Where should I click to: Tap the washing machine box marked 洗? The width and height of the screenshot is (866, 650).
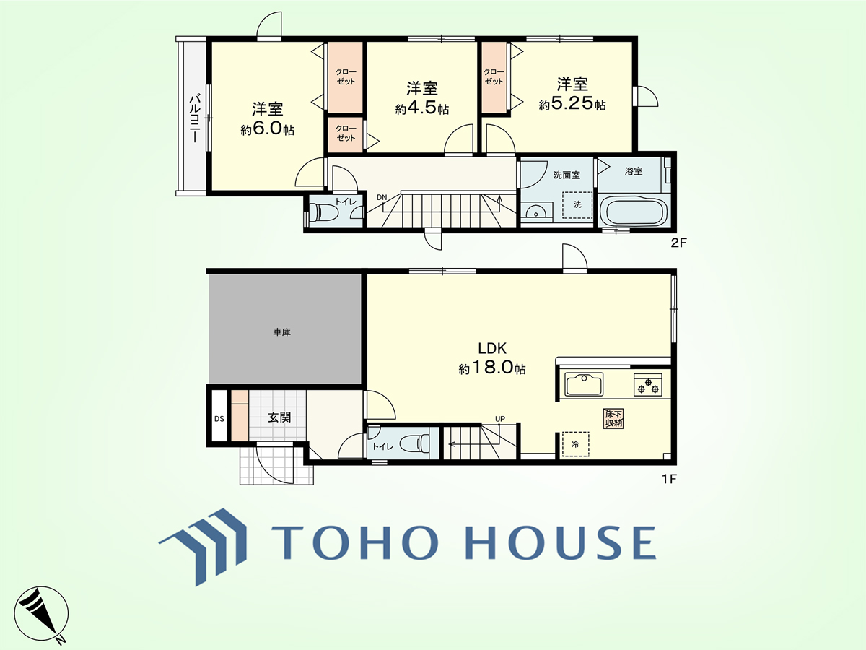[x=577, y=205]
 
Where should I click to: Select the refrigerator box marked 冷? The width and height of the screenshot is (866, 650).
[x=576, y=444]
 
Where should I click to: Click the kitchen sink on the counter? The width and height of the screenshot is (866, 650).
[x=584, y=384]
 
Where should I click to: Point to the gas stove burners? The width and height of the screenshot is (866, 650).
[x=648, y=385]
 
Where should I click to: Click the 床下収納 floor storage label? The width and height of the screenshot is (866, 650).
[x=613, y=418]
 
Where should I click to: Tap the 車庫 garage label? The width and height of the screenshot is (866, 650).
[x=281, y=332]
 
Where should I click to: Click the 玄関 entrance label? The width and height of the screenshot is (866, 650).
[x=279, y=417]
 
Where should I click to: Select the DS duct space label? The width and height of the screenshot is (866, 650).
[x=219, y=419]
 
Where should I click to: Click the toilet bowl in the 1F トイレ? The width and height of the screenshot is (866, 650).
[x=415, y=443]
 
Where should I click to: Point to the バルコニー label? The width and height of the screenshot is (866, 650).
[x=195, y=118]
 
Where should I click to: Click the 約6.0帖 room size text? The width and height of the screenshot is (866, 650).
[x=268, y=129]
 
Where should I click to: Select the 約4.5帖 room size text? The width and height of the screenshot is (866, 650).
[x=421, y=108]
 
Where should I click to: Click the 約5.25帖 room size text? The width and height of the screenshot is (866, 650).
[x=572, y=103]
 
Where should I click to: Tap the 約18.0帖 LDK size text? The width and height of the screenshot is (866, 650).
[x=492, y=368]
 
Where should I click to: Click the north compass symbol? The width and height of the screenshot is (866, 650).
[x=41, y=615]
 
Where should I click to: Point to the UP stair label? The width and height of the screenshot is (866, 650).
[x=500, y=419]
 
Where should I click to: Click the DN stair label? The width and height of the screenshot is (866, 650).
[x=382, y=197]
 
